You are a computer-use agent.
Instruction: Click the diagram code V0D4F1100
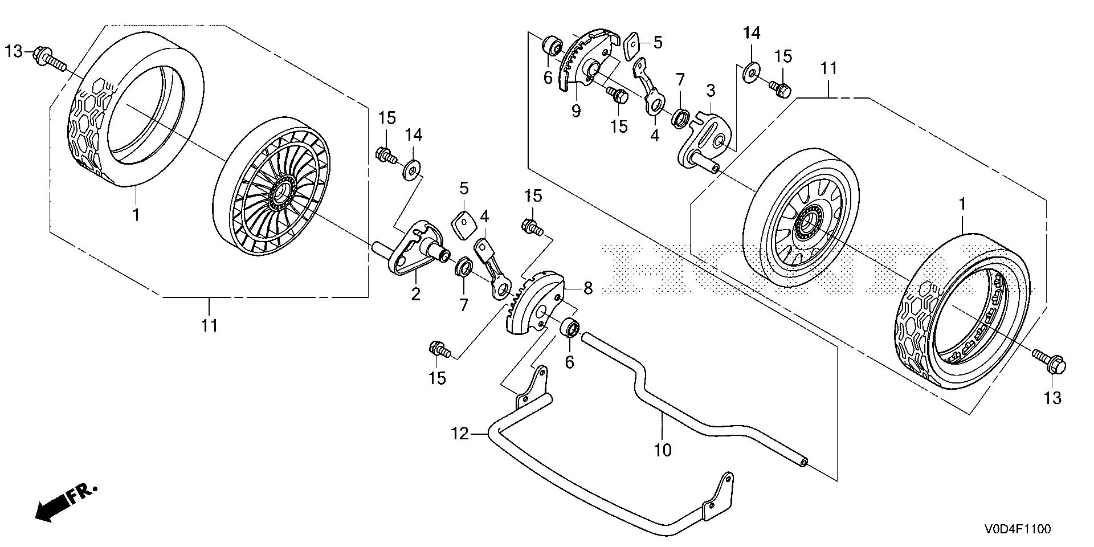pos(1017,529)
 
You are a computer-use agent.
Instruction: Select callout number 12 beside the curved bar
pos(460,434)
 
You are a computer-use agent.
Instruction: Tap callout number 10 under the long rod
pos(663,450)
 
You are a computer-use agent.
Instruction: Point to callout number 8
pos(587,289)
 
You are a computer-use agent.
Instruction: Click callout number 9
pos(575,111)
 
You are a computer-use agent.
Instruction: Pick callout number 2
pos(415,294)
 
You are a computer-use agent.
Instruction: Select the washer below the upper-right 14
pos(752,72)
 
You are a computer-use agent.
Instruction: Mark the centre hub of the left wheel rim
pos(281,194)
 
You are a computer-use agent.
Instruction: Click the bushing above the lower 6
pos(570,329)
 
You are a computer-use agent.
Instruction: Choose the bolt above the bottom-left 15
pos(440,349)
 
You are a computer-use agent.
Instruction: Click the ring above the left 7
pos(463,267)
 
